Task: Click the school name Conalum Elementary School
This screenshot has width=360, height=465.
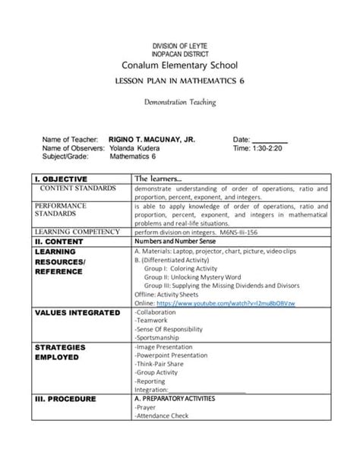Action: click(x=180, y=63)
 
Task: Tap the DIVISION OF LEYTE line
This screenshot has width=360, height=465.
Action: click(x=180, y=46)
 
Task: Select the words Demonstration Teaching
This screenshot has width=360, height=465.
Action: click(x=179, y=101)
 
